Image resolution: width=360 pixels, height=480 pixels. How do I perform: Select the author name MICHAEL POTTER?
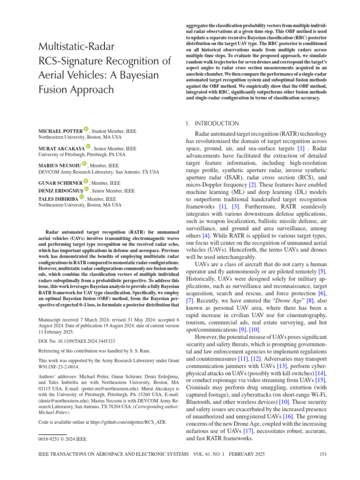[x=60, y=130]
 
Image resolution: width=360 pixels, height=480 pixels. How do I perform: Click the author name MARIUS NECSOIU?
[x=59, y=165]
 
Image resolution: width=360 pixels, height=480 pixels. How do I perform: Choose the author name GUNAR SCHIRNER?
[x=60, y=183]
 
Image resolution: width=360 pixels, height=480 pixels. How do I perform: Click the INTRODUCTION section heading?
[x=217, y=123]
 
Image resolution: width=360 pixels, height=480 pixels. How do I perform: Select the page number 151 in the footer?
[x=322, y=454]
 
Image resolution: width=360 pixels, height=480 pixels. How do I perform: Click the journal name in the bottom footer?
[x=111, y=454]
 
